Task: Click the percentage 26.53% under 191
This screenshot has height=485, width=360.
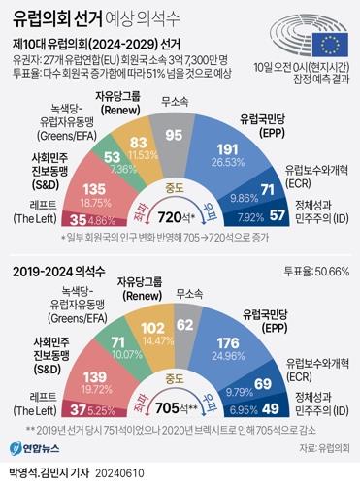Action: point(253,164)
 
